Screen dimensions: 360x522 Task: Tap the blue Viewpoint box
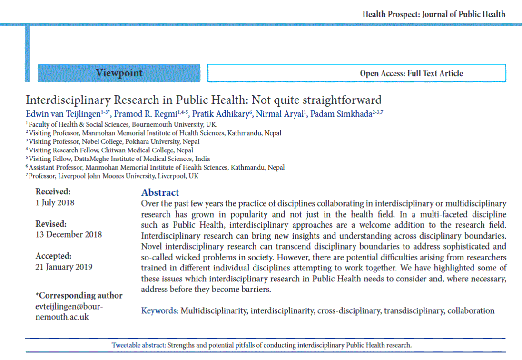tap(119, 73)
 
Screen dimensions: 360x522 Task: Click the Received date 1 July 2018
tap(55, 202)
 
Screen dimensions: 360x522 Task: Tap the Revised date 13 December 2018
tap(69, 234)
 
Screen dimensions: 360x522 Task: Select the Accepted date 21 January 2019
tap(64, 267)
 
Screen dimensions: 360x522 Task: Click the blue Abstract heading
tap(160, 192)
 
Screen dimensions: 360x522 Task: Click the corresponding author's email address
tap(69, 311)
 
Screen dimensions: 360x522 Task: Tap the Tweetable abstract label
tap(138, 345)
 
